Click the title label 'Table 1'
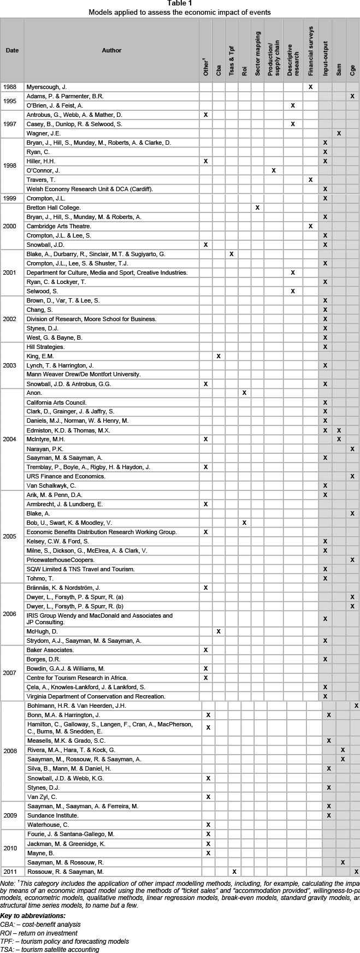tap(180, 4)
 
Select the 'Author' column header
tap(111, 50)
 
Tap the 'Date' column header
tap(12, 50)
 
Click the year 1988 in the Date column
tap(9, 87)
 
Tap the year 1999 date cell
tap(9, 198)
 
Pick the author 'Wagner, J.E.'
tap(44, 133)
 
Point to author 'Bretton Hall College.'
tap(54, 208)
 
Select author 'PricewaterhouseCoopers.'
tap(61, 560)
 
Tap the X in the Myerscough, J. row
tap(310, 87)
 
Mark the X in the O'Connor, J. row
tap(274, 170)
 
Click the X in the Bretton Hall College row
tap(258, 208)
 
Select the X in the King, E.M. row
tap(219, 356)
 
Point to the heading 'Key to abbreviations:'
tap(33, 915)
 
